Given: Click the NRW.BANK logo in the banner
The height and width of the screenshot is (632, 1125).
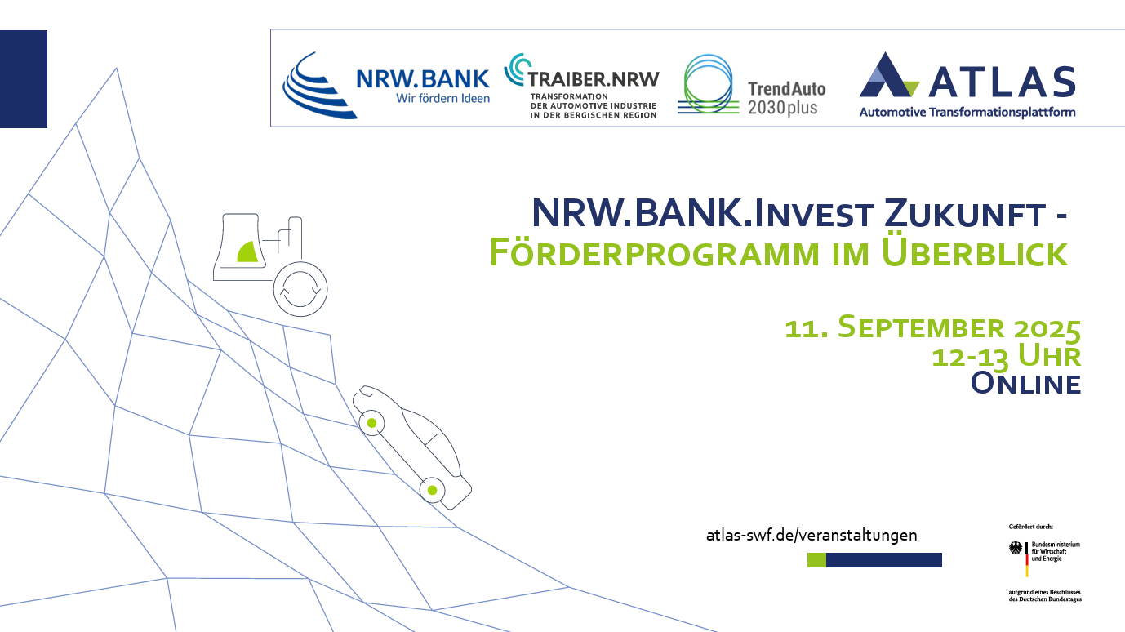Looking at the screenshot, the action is click(x=385, y=86).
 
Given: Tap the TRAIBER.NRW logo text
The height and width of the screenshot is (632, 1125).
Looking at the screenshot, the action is click(x=594, y=79).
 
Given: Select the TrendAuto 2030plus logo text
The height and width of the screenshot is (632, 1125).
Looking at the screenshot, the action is click(x=786, y=99).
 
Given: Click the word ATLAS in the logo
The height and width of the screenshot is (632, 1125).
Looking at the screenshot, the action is click(x=1003, y=82).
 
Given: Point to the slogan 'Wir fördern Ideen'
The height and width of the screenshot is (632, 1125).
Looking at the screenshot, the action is click(x=443, y=99).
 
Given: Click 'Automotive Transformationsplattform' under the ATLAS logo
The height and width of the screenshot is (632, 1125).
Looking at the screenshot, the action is click(x=967, y=112).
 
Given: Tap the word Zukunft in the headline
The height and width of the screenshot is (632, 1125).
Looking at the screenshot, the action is click(x=965, y=213).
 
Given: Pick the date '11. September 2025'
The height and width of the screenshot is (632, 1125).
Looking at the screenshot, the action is click(x=932, y=327).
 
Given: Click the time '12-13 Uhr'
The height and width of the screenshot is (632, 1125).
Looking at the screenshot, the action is click(x=1006, y=356).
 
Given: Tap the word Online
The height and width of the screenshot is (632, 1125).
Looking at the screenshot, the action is click(x=1025, y=384).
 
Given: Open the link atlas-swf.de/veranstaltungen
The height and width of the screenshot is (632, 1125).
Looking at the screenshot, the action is click(x=812, y=535).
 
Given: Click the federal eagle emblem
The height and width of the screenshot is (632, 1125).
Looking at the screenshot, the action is click(x=1016, y=548).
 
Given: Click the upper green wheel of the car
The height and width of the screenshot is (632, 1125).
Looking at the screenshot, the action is click(x=371, y=423).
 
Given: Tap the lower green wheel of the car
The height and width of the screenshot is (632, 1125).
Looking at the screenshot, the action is click(x=432, y=490).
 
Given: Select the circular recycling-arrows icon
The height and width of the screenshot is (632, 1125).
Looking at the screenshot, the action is click(x=300, y=289).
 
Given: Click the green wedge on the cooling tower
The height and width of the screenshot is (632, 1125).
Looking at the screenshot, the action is click(x=249, y=252).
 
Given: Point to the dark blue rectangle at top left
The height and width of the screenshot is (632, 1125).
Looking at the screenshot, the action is click(x=24, y=79).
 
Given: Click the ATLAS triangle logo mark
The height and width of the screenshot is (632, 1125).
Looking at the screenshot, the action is click(x=889, y=75).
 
